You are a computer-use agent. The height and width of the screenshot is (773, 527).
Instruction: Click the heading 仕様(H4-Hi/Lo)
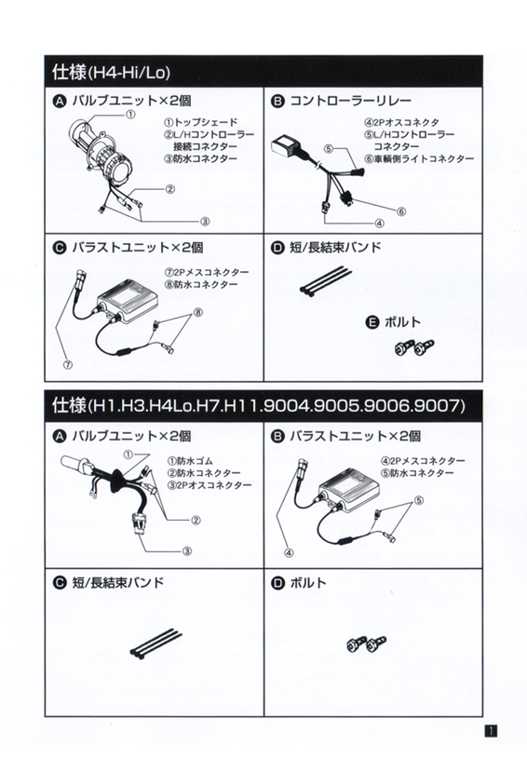coord(112,72)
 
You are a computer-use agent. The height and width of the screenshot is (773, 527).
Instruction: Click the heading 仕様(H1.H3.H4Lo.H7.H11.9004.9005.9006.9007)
coord(259,406)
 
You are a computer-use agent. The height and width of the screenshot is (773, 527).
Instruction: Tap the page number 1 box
coord(491,731)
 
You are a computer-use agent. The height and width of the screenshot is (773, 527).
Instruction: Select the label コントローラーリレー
coord(350,101)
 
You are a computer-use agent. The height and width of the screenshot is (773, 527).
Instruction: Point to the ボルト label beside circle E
coord(402,322)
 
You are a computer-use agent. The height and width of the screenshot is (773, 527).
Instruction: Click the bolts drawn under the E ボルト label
coord(414,347)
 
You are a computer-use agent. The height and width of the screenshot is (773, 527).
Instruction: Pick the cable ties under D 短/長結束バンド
coord(325,280)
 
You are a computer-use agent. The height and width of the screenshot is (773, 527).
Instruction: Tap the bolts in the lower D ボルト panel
coord(366,643)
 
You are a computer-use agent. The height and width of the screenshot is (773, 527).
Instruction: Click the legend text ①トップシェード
coord(200,122)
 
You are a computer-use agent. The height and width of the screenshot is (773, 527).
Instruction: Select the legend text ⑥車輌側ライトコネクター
coord(419,158)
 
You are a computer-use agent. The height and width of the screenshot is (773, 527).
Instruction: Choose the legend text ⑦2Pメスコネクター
coord(207,272)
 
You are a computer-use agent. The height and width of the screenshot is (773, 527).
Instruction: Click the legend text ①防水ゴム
coord(191,461)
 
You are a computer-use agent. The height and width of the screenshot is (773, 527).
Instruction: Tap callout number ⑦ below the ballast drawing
coord(68,365)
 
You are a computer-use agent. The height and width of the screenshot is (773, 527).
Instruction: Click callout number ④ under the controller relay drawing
coord(380,224)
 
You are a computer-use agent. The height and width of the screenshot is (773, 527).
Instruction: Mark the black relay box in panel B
coord(287,146)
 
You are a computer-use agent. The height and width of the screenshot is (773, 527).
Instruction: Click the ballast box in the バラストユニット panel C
coord(128,300)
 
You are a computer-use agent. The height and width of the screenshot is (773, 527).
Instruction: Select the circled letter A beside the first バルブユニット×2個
coord(60,102)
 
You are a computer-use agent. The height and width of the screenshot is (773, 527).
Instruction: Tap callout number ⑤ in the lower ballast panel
coord(419,500)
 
